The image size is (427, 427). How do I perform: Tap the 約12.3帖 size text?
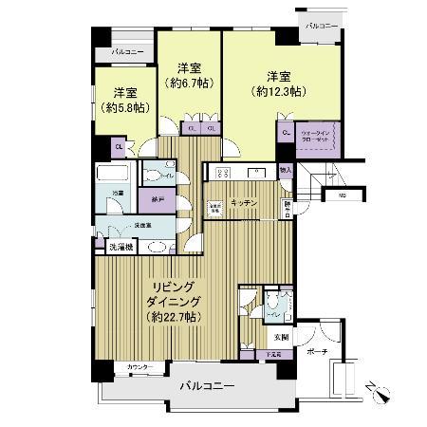(x=278, y=92)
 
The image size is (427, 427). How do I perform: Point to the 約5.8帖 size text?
(x=122, y=108)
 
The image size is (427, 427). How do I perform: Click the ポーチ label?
(x=317, y=352)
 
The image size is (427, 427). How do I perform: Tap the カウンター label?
(x=139, y=366)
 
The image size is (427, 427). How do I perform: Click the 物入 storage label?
(x=287, y=171)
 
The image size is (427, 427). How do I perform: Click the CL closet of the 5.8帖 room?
(x=121, y=146)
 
